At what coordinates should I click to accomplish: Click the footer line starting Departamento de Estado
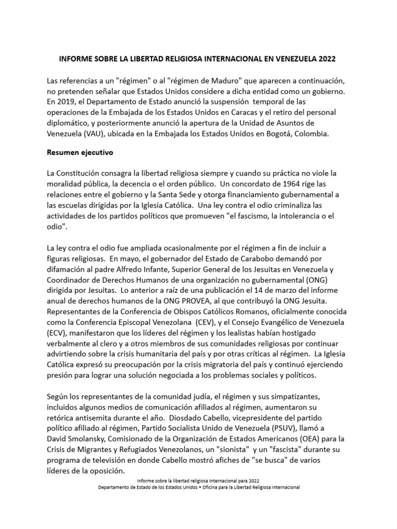point(198,487)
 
